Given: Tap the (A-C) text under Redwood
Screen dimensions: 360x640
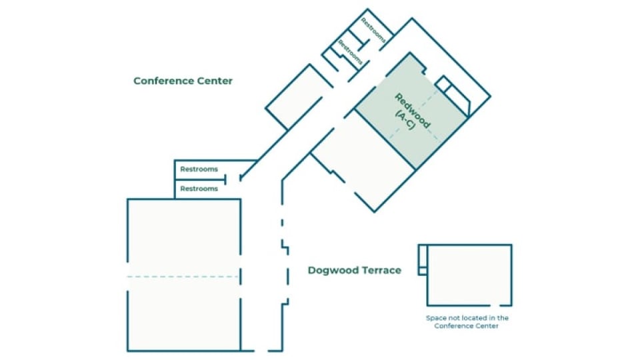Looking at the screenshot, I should pyautogui.click(x=405, y=121).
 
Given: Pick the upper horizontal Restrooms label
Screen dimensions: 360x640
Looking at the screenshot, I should pyautogui.click(x=199, y=169).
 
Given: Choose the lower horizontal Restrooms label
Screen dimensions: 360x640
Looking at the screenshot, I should pyautogui.click(x=199, y=189).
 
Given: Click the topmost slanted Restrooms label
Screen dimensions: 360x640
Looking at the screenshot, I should pyautogui.click(x=373, y=31).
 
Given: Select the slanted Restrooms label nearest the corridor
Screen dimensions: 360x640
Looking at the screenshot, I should pyautogui.click(x=350, y=52).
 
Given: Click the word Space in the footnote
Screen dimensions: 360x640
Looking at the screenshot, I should pyautogui.click(x=436, y=318).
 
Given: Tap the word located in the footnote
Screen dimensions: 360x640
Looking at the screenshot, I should pyautogui.click(x=476, y=318).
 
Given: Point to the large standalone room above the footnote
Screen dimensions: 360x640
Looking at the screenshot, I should pyautogui.click(x=469, y=274).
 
